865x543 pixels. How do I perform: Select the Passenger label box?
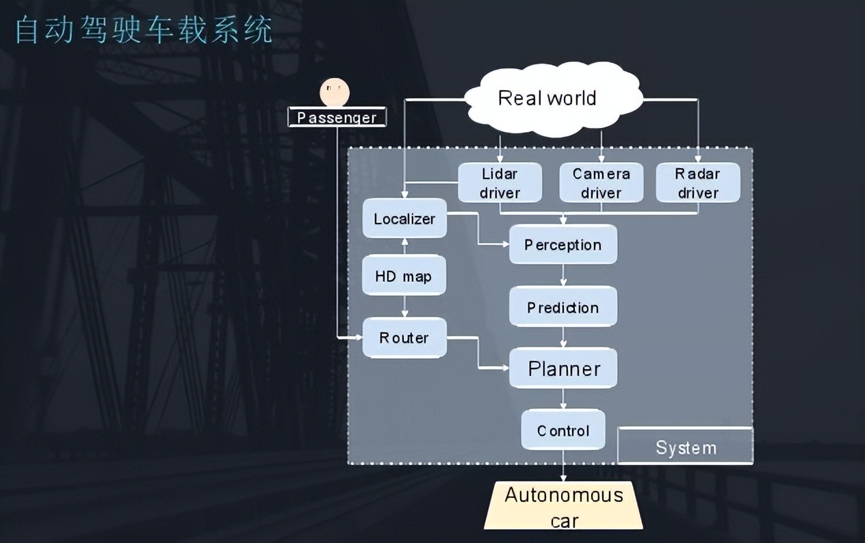click(337, 118)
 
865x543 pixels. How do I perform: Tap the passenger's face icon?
click(335, 92)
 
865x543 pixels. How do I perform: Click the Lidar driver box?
click(500, 183)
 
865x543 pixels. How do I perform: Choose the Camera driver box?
click(601, 183)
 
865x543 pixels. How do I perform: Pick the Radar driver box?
click(697, 183)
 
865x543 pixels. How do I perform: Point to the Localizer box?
click(404, 219)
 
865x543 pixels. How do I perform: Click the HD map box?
click(404, 276)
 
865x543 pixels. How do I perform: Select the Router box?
click(404, 338)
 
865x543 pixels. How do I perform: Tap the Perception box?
click(563, 245)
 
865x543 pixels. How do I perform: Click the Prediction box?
click(563, 307)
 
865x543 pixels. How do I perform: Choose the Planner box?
click(563, 369)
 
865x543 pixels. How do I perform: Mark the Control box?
click(563, 430)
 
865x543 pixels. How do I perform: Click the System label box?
click(685, 447)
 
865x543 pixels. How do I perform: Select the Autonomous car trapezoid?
click(563, 506)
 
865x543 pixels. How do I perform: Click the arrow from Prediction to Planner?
click(563, 337)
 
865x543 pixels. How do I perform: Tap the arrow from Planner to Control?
click(563, 399)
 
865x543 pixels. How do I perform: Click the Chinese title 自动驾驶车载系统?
click(144, 31)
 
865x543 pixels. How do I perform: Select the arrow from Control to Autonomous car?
click(563, 466)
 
